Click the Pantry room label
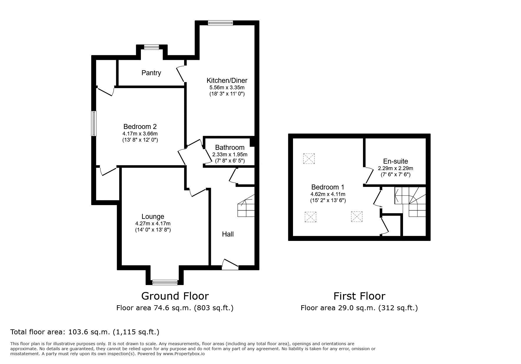click(151, 73)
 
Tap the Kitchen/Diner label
click(227, 80)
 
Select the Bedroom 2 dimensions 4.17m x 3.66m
click(140, 134)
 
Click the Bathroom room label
click(230, 147)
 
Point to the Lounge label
click(153, 217)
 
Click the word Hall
click(228, 234)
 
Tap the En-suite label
click(395, 161)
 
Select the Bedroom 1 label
click(328, 187)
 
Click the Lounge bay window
click(165, 282)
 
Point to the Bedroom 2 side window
click(94, 123)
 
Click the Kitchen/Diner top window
click(220, 23)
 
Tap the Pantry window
click(152, 47)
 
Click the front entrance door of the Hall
click(230, 264)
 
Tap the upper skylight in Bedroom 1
click(309, 159)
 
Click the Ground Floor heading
click(175, 296)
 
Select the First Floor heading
click(359, 296)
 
